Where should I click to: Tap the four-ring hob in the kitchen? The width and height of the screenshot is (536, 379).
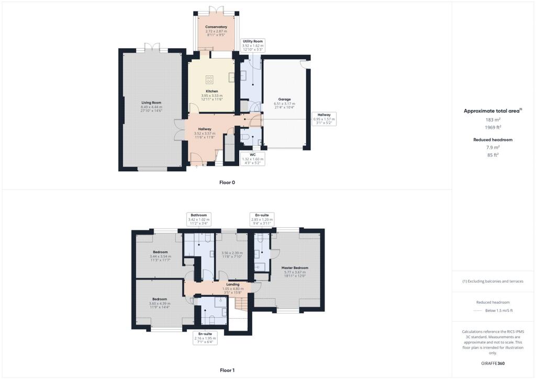(209, 80)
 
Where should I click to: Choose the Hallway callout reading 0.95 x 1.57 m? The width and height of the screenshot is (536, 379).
(324, 120)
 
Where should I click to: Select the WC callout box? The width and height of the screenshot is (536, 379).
(252, 159)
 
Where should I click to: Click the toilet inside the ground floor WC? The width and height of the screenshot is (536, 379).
(247, 139)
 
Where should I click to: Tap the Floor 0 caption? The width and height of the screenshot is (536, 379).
(228, 182)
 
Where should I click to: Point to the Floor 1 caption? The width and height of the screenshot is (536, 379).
(228, 370)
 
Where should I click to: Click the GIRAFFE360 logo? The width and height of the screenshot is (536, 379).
(493, 363)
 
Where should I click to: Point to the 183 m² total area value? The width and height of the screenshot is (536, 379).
(493, 120)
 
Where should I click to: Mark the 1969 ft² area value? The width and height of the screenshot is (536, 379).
(493, 128)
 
